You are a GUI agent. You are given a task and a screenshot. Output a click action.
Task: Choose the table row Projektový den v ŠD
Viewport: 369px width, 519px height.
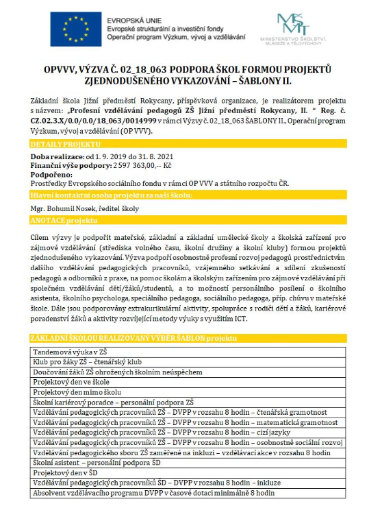point(69,473)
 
